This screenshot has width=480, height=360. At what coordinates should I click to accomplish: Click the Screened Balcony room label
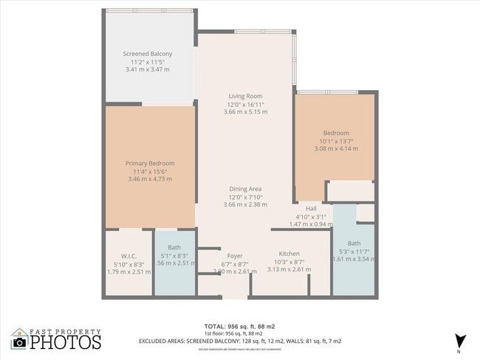click(148, 54)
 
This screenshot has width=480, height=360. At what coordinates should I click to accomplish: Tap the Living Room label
click(245, 96)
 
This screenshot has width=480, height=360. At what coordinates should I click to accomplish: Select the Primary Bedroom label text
click(150, 163)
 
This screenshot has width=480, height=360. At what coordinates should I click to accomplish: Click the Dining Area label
click(245, 189)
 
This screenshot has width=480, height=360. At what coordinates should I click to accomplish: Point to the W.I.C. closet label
click(120, 257)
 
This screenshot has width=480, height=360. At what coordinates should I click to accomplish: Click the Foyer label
click(235, 256)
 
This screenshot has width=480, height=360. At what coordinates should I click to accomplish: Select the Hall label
click(311, 208)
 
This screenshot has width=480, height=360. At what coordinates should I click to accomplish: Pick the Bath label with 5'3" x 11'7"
click(354, 243)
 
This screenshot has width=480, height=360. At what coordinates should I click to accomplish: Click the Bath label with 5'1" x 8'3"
click(174, 248)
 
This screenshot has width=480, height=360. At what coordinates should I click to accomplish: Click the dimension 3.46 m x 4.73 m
click(150, 179)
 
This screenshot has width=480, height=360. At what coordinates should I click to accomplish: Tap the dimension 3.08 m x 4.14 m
click(336, 148)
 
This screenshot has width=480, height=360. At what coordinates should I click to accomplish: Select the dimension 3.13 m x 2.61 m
click(289, 270)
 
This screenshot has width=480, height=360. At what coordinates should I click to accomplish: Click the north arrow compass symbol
click(462, 339)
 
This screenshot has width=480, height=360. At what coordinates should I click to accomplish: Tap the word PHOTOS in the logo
click(66, 342)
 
